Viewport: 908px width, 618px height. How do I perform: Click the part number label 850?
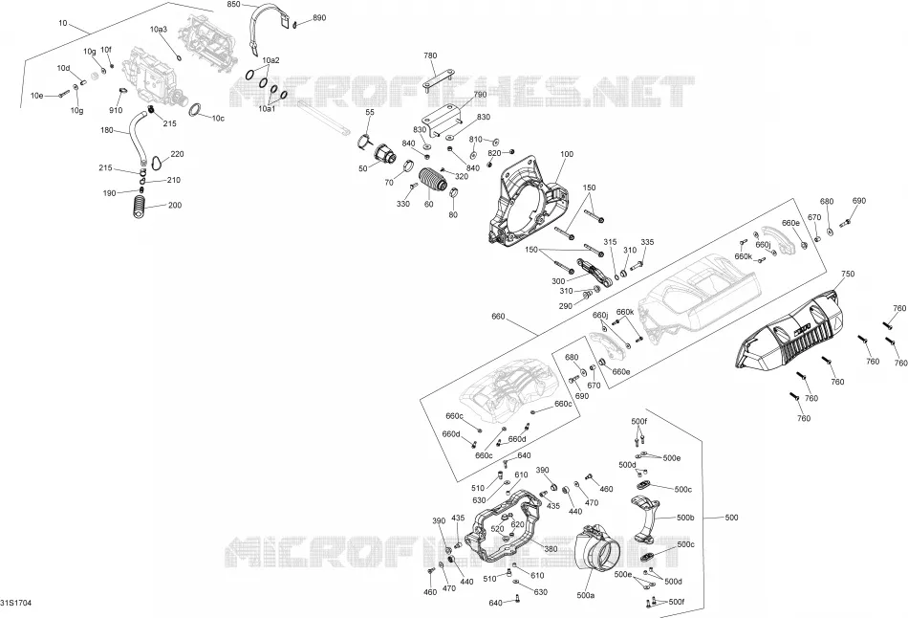coord(233,4)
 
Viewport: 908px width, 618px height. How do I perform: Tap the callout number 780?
coord(430,55)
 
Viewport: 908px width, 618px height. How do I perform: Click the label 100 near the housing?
coord(567,154)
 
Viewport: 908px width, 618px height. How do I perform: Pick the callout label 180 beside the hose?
coord(107,130)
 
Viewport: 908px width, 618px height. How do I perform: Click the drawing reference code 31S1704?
coord(15,604)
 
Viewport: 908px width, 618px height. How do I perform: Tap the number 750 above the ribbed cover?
coord(848,274)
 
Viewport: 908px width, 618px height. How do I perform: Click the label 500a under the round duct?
coord(586,595)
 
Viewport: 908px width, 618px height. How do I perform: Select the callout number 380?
coord(551,549)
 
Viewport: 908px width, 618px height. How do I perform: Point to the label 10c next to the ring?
coord(218,119)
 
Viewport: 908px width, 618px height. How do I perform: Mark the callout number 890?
coord(319,18)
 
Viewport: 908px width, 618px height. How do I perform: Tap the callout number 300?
coord(558,281)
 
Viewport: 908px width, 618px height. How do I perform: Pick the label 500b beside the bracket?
coord(685,518)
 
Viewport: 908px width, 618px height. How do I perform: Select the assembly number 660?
coord(498,317)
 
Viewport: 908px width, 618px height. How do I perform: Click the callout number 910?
coord(116,110)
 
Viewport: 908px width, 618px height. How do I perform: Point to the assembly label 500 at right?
coord(731,518)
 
